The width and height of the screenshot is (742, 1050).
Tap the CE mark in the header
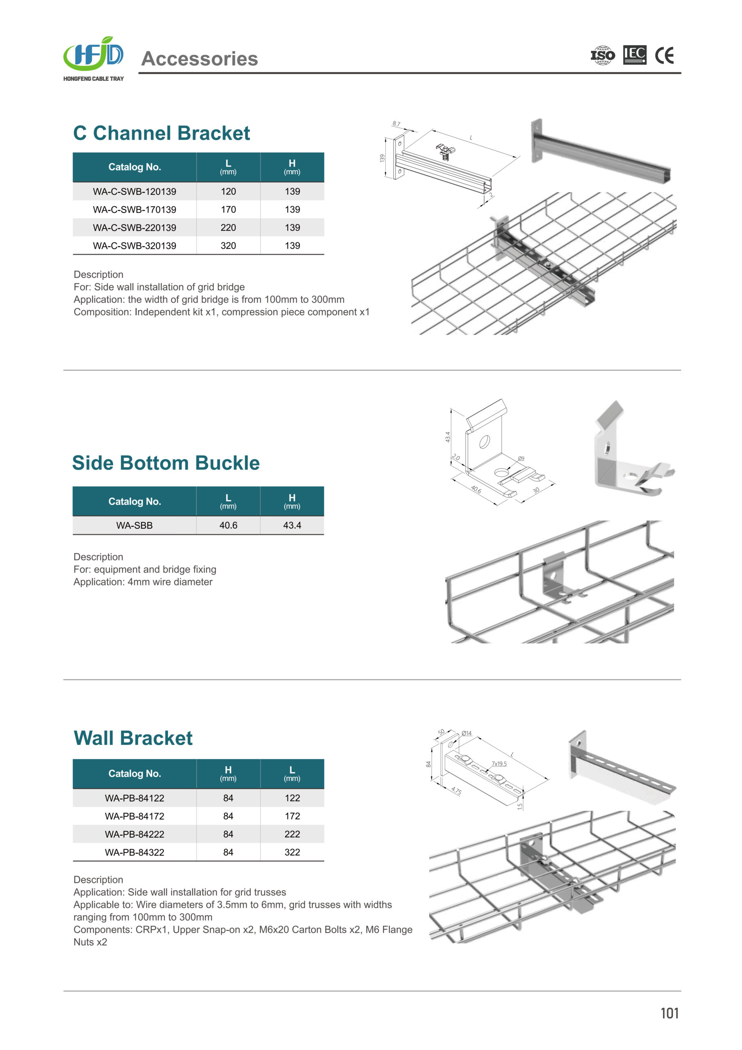point(664,56)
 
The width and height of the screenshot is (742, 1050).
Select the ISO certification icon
point(603,55)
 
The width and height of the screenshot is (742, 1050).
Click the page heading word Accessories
point(200,59)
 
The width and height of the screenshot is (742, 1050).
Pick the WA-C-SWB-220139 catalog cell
point(134,227)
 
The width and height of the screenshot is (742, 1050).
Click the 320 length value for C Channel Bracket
point(228,246)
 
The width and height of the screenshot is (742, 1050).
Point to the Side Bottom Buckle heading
point(166,463)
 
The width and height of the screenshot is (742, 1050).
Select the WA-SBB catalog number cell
point(134,525)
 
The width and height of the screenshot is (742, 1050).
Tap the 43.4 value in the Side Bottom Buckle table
point(292,525)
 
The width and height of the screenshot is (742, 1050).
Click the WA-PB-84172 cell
point(134,816)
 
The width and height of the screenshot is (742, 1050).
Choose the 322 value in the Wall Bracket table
point(292,852)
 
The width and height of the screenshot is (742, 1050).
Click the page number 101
point(669,1013)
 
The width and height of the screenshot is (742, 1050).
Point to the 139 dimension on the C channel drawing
point(382,158)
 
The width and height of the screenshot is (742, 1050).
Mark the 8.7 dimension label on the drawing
point(396,124)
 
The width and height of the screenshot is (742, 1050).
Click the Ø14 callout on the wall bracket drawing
point(467,733)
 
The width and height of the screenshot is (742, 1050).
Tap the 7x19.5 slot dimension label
point(499,764)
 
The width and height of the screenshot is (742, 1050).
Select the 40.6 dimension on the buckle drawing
point(476,489)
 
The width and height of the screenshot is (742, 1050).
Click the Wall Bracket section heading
point(133,738)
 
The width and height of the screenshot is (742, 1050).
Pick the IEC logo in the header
point(635,55)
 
